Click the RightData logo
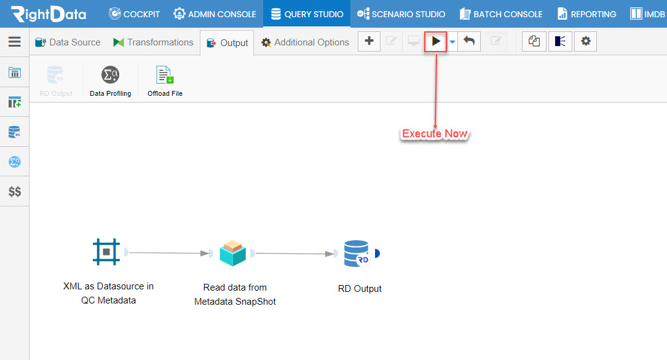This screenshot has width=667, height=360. (49, 14)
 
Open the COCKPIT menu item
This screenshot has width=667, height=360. (134, 14)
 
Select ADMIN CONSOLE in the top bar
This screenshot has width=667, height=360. (215, 14)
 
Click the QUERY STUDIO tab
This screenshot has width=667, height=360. (307, 14)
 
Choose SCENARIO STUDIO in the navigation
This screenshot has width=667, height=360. (401, 14)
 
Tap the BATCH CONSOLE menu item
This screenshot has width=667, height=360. (501, 14)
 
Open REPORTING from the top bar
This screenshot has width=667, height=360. (586, 14)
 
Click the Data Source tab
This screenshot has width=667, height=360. (68, 42)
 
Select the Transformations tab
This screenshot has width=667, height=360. (153, 42)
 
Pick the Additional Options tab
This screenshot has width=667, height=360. (305, 42)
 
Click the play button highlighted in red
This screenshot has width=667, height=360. (436, 42)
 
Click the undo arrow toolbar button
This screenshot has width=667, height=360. (469, 41)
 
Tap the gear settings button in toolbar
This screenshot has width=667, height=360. (586, 41)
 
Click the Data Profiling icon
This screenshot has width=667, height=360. (110, 75)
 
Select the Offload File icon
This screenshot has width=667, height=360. (165, 75)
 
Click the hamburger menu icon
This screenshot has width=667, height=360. (15, 42)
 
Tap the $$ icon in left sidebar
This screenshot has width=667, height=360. (15, 192)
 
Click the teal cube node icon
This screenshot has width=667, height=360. (233, 253)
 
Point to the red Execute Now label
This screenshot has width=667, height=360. (435, 133)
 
